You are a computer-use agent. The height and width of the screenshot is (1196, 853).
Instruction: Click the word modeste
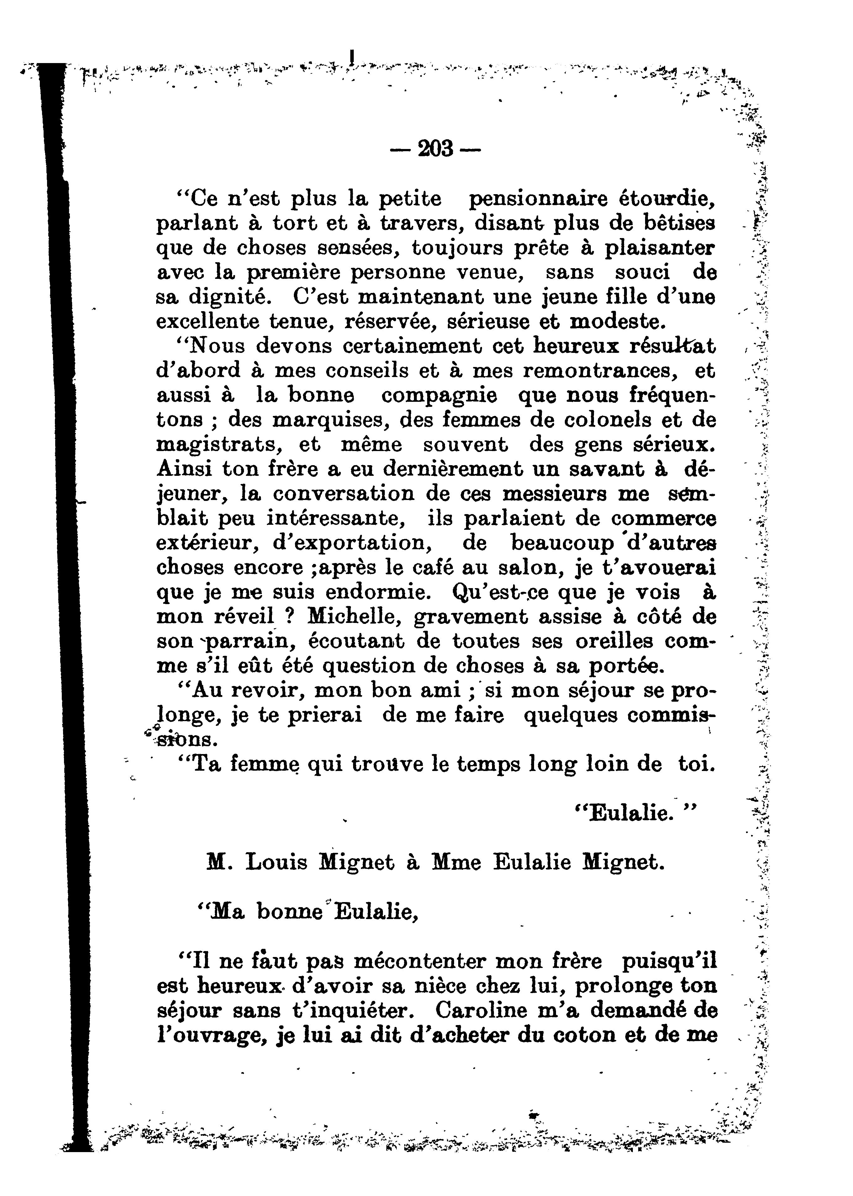click(x=618, y=322)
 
